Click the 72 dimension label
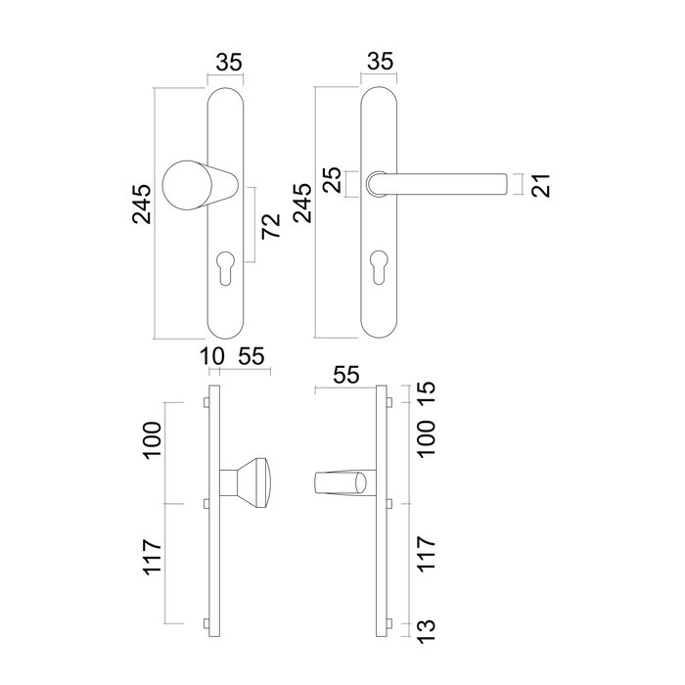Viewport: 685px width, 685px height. point(272,225)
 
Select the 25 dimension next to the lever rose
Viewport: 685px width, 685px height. point(332,182)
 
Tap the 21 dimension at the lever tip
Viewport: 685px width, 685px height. point(540,184)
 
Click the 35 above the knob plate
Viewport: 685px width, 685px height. point(228,61)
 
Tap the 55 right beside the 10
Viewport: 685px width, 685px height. point(251,357)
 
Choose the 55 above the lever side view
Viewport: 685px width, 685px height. point(346,375)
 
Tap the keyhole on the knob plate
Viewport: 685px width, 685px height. point(227,267)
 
